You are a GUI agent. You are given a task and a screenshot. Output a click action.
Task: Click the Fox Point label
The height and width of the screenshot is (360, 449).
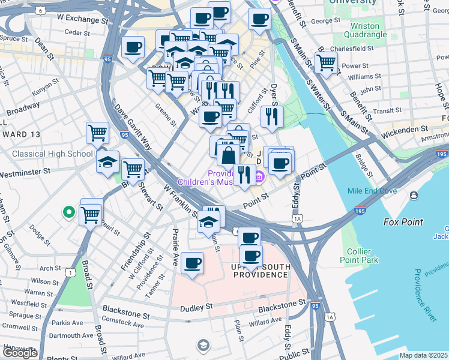(403, 222)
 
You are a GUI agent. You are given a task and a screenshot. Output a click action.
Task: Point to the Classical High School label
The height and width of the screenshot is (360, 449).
(53, 154)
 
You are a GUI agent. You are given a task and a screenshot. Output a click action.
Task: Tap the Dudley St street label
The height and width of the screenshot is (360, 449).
(196, 306)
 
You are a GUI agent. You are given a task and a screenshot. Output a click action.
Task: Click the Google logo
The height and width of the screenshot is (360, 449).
(20, 353)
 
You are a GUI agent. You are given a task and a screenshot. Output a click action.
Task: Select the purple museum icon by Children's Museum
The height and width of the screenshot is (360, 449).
(259, 176)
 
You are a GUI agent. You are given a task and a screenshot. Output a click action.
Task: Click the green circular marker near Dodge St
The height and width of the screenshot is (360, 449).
(69, 212)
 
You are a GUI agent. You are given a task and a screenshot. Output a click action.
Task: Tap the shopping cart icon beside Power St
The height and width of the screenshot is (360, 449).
(326, 62)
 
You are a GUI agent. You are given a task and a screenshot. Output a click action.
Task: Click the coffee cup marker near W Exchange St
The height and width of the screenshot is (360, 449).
(133, 47)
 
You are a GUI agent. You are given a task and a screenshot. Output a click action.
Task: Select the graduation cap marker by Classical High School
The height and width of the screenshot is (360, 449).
(108, 162)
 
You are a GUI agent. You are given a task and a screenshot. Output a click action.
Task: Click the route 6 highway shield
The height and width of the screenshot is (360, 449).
(40, 10)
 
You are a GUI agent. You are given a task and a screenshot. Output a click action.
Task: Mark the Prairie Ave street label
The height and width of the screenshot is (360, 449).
(176, 240)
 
